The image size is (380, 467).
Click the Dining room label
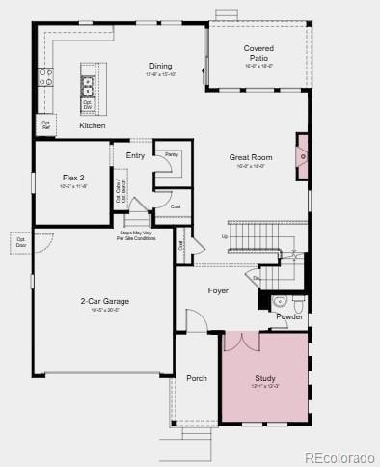(160, 66)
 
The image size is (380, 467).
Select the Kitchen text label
(93, 125)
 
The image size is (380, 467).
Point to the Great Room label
(250, 157)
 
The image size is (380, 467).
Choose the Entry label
(135, 155)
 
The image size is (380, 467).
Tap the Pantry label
(172, 154)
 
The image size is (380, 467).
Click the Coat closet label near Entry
(176, 206)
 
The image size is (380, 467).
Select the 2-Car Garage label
(104, 301)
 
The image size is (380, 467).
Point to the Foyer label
(218, 289)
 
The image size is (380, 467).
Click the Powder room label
(289, 316)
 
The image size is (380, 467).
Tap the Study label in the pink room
(265, 378)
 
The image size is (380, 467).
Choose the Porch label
(197, 378)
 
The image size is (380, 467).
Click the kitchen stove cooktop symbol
(44, 76)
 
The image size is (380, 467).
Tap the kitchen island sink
(89, 83)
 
